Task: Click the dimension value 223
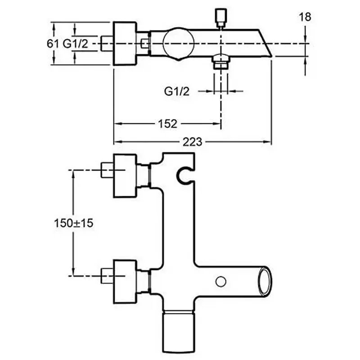click(x=193, y=142)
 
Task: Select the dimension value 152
click(x=168, y=124)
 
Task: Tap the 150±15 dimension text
click(x=73, y=223)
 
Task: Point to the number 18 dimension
click(x=305, y=17)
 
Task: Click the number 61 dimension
click(x=53, y=43)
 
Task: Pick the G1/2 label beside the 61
click(x=76, y=43)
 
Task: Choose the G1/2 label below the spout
click(x=177, y=91)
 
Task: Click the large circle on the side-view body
click(x=178, y=43)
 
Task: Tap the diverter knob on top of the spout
click(x=221, y=18)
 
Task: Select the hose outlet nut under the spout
click(x=221, y=62)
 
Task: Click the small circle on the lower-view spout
click(x=221, y=282)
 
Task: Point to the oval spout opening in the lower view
click(x=265, y=282)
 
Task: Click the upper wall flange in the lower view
click(x=126, y=175)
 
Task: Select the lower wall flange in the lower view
click(x=126, y=282)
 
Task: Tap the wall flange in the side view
click(x=125, y=44)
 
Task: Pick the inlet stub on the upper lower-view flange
click(x=107, y=170)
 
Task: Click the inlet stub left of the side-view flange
click(x=107, y=43)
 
